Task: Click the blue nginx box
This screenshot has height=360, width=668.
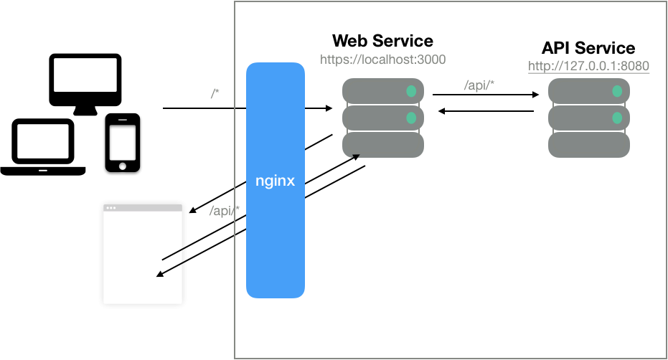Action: [x=276, y=180]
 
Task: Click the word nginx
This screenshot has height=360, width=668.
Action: [x=276, y=181]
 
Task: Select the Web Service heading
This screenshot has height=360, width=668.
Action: [x=382, y=41]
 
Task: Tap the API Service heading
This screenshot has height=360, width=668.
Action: [x=588, y=48]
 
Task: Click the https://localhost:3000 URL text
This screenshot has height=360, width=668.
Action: [x=382, y=60]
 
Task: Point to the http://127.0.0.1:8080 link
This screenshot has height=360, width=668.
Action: [x=588, y=66]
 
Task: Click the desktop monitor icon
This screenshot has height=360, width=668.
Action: [x=85, y=85]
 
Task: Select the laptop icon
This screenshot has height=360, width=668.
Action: [x=42, y=147]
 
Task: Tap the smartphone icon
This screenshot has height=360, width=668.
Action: [x=123, y=143]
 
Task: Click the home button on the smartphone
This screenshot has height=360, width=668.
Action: [x=123, y=166]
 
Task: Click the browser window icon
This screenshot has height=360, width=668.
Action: [x=143, y=254]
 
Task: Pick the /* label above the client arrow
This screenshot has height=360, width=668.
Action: [x=215, y=93]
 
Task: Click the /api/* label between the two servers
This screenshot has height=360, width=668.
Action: [x=479, y=85]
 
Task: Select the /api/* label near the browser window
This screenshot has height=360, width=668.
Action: [x=225, y=210]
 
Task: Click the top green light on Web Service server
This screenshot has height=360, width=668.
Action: [x=411, y=91]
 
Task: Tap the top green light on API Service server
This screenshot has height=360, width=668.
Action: [x=617, y=91]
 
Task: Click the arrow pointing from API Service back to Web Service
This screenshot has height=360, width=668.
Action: [x=486, y=111]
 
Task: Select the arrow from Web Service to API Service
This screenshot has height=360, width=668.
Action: [x=486, y=95]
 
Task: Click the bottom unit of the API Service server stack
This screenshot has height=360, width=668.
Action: [x=589, y=145]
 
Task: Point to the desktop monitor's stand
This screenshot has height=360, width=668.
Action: [x=85, y=110]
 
